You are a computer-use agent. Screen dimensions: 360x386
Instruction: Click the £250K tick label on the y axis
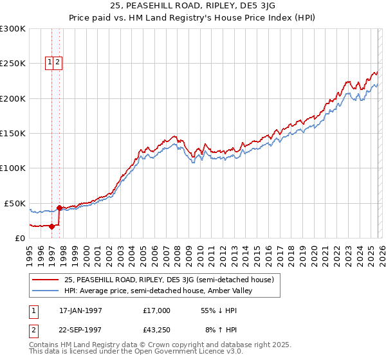point(12,64)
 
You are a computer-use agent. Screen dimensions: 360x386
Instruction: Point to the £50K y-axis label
point(15,203)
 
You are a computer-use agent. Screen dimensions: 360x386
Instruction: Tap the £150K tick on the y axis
point(12,134)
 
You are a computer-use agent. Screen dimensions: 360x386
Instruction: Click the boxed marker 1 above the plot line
point(50,62)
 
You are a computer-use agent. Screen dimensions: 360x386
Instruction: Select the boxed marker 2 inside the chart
point(58,62)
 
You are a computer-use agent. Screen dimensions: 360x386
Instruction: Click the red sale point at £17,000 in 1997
point(52,226)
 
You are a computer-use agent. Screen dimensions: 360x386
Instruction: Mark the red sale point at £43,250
point(60,208)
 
